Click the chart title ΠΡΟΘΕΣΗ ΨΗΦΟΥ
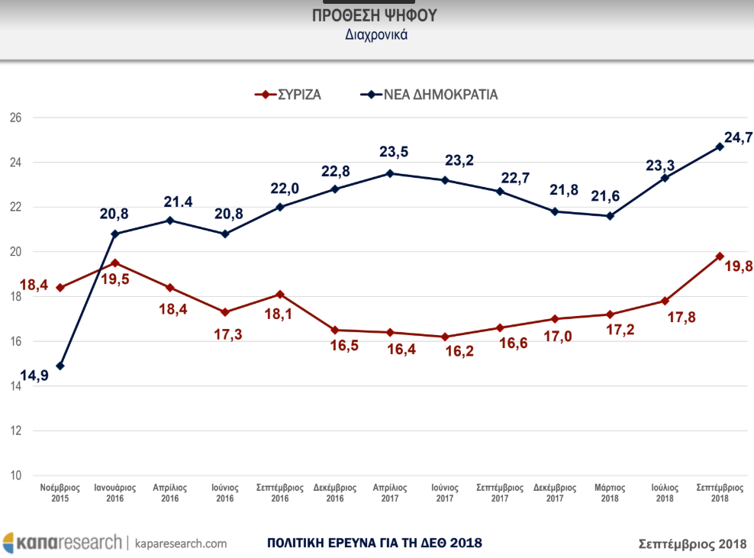click(x=375, y=16)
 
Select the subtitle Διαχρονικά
click(x=375, y=34)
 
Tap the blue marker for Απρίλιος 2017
click(x=390, y=173)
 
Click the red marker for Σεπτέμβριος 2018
click(x=720, y=256)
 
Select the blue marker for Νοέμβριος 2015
click(x=60, y=366)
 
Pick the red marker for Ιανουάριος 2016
click(x=115, y=263)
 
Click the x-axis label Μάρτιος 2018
click(x=610, y=492)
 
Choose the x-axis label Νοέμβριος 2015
click(x=60, y=492)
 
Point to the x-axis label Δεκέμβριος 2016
click(x=335, y=492)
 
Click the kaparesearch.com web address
click(x=181, y=543)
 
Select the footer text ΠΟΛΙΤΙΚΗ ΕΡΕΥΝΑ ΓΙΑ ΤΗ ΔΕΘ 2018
click(x=375, y=543)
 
